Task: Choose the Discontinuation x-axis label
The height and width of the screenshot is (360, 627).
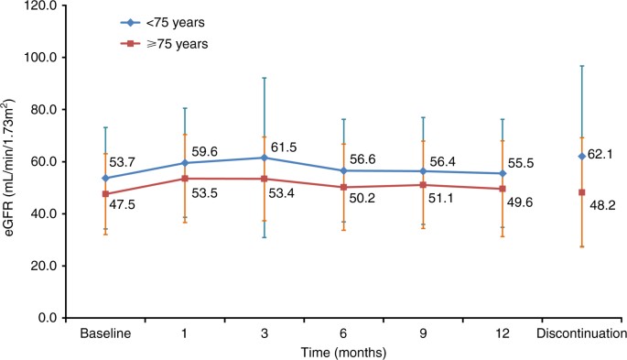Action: pyautogui.click(x=580, y=333)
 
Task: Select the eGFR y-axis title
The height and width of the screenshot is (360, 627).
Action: pyautogui.click(x=14, y=162)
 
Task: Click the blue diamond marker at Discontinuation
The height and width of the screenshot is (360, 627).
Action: pyautogui.click(x=581, y=157)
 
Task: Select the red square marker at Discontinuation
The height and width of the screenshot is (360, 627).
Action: pyautogui.click(x=581, y=192)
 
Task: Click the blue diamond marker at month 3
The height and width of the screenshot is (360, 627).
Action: pyautogui.click(x=265, y=158)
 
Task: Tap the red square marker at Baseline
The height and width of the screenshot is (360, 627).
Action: pyautogui.click(x=106, y=194)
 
